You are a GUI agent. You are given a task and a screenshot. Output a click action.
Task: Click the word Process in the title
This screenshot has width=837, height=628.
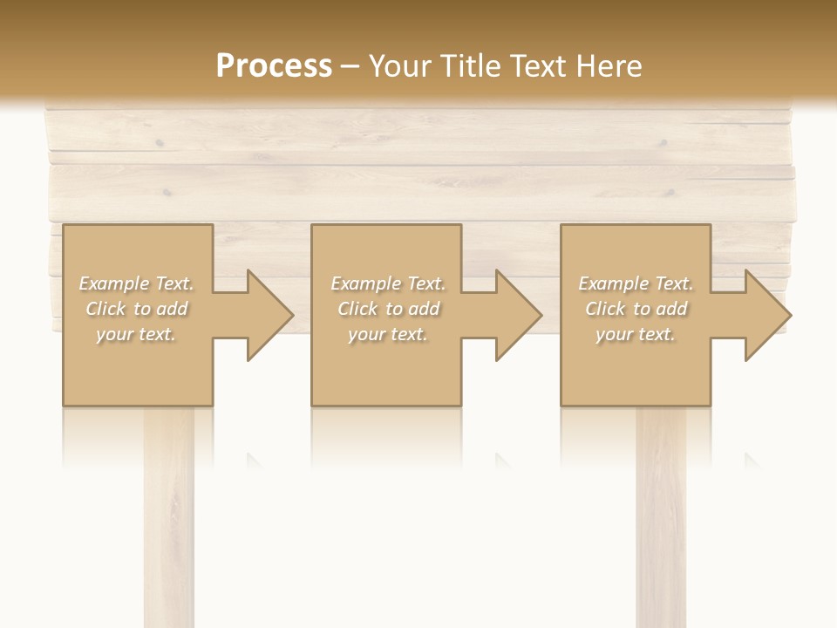pos(274,66)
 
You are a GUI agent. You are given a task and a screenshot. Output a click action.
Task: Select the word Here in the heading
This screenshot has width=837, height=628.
pos(610,66)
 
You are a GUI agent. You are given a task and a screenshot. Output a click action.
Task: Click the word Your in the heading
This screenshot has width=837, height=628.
pos(402,66)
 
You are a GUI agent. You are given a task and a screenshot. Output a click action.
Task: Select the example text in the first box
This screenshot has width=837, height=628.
pos(137,309)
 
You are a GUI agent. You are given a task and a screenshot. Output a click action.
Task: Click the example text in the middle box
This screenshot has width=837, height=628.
pos(388,309)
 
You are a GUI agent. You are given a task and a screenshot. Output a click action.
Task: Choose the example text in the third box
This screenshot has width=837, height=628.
pos(636,309)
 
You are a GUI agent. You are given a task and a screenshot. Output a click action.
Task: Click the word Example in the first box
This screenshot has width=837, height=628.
pos(114,283)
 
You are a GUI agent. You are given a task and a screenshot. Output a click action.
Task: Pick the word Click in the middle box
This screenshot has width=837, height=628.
pos(358,309)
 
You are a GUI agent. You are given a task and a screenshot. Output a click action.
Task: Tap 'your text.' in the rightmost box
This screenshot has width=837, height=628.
pos(636,334)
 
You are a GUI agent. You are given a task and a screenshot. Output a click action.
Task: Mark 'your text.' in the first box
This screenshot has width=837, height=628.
pos(137,334)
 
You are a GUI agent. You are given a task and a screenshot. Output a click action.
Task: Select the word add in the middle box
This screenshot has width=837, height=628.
pos(424,309)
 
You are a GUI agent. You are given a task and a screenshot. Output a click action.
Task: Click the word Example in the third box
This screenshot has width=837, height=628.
pos(614,283)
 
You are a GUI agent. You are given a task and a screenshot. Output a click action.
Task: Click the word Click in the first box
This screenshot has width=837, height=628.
pos(106,309)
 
